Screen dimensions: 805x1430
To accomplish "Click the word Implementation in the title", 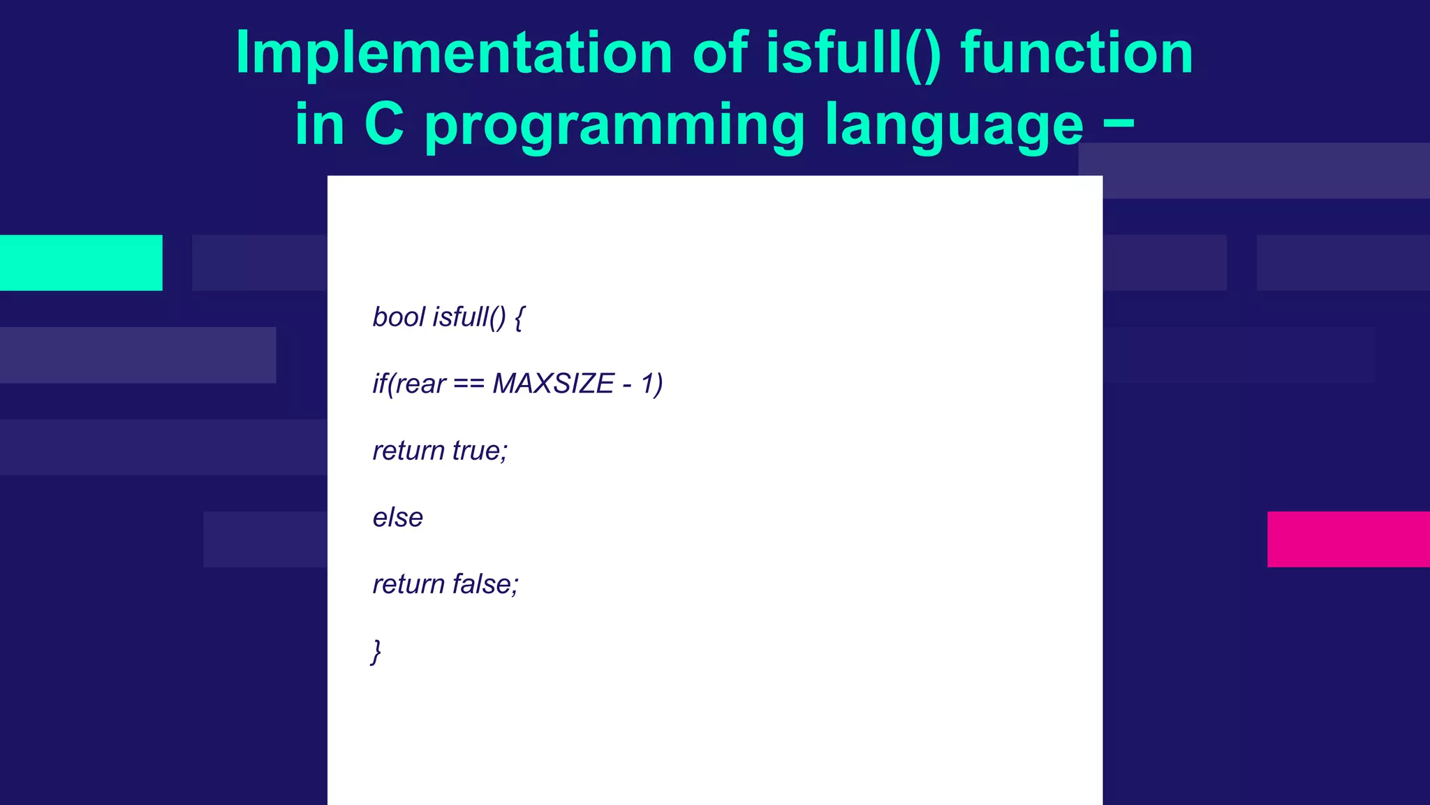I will click(454, 55).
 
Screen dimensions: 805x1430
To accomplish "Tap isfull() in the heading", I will click(853, 55).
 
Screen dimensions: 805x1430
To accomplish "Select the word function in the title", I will click(1077, 55).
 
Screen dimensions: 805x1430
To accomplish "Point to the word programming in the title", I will click(614, 126).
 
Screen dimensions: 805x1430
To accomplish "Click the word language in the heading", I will click(954, 126).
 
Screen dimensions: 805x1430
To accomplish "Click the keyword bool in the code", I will click(399, 317).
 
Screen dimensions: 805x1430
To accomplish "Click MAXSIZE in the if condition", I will click(553, 384).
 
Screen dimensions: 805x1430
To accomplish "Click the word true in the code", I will click(480, 451).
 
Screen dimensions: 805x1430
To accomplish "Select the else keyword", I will click(397, 518).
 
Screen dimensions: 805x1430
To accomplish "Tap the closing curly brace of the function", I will click(376, 651).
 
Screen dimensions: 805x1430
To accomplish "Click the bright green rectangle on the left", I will click(81, 263).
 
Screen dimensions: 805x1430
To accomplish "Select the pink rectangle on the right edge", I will click(1348, 539).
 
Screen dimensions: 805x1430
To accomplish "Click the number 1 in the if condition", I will click(648, 384).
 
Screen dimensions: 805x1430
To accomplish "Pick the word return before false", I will click(408, 584).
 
